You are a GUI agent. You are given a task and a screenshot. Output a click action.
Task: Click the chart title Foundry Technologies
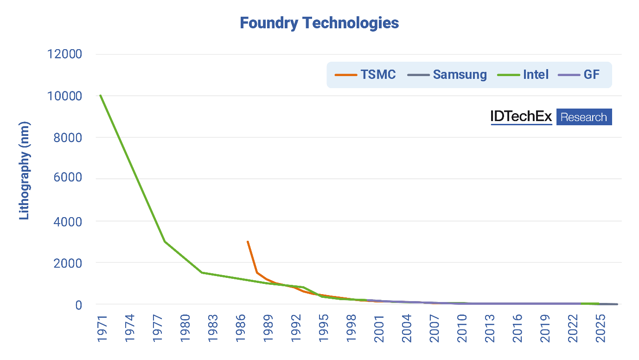point(319,23)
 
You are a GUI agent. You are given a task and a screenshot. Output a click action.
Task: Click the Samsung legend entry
point(447,75)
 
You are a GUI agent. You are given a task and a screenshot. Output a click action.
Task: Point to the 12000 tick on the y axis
point(64,54)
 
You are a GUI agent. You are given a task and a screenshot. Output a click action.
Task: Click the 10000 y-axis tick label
point(64,96)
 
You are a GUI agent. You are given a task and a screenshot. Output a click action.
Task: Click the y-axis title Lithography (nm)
point(24,171)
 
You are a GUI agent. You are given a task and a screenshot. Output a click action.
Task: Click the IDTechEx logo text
point(521,117)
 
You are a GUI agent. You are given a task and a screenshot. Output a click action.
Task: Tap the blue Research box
point(583,117)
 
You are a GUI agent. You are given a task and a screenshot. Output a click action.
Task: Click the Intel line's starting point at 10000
point(100,96)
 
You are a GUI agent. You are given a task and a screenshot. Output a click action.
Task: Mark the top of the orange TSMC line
point(248,241)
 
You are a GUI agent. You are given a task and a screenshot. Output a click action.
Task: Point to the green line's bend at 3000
point(165,241)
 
